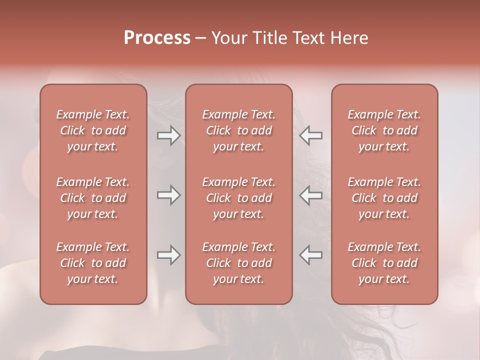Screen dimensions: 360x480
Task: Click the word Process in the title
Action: tap(157, 38)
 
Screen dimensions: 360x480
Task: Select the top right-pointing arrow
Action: tap(169, 135)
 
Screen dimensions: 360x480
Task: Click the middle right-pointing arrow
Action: tap(169, 195)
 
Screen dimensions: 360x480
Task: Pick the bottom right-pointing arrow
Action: tap(169, 255)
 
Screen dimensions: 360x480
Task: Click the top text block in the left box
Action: tap(93, 130)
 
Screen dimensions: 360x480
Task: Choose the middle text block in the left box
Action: tap(93, 198)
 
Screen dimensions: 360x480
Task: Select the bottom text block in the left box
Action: tap(93, 263)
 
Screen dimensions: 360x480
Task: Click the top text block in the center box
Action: tap(239, 130)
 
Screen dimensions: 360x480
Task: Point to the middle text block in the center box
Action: tap(239, 198)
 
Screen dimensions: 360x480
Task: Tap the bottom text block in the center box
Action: tap(239, 263)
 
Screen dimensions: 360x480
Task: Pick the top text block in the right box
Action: tap(384, 130)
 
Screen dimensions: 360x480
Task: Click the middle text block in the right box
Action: tap(384, 198)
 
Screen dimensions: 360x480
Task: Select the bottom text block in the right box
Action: tap(384, 263)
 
